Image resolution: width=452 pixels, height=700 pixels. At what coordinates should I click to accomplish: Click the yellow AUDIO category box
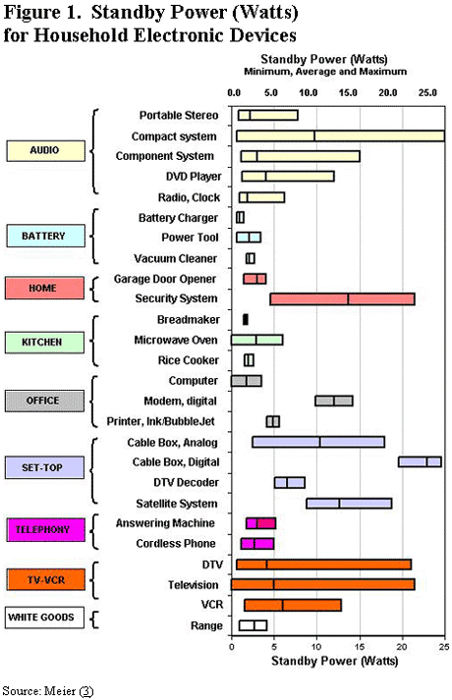click(45, 150)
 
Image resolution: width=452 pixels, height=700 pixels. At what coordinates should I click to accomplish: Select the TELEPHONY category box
click(45, 529)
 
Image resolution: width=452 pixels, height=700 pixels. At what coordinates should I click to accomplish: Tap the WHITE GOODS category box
click(44, 618)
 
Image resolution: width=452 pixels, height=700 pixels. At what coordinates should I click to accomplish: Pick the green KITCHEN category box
click(44, 343)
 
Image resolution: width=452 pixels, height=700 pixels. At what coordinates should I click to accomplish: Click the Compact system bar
click(340, 136)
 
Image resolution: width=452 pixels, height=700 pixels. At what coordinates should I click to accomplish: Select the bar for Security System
click(342, 299)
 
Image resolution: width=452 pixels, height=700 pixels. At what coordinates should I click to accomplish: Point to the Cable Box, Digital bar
click(420, 462)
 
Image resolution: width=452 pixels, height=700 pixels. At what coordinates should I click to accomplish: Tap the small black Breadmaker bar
click(246, 320)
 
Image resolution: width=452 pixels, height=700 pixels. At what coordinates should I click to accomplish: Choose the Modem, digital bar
click(334, 401)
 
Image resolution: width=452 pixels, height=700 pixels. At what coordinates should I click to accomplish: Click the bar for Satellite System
click(349, 503)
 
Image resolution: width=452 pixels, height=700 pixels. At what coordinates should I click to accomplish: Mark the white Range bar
click(253, 625)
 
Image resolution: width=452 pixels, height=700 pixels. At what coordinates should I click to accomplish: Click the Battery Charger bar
click(240, 217)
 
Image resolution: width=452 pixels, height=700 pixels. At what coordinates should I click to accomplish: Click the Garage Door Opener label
click(165, 279)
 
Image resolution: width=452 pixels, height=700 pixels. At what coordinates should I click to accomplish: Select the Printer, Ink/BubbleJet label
click(161, 421)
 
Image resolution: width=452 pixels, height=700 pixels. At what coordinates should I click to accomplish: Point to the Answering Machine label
click(165, 523)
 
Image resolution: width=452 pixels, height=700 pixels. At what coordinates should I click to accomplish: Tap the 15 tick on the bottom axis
click(360, 647)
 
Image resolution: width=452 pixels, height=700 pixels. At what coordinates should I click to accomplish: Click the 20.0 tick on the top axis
click(388, 93)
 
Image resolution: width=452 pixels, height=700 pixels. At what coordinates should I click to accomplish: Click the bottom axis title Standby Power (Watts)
click(334, 661)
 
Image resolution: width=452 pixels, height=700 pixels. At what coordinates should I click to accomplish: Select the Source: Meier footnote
click(48, 691)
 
